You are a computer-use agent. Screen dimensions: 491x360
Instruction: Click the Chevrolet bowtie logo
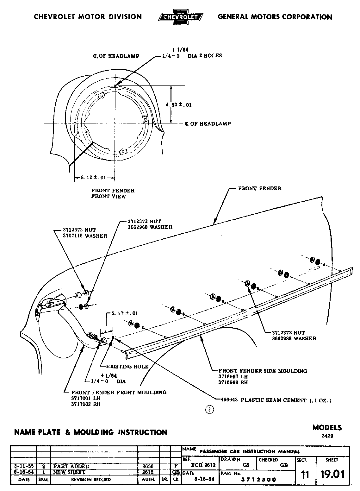click(x=181, y=17)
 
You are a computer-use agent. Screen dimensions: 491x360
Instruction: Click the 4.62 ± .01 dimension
click(x=179, y=105)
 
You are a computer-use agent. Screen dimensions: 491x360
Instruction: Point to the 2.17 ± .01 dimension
click(x=125, y=313)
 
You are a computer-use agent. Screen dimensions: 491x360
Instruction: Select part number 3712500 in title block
click(x=259, y=480)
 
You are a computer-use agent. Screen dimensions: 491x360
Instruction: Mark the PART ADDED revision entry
click(x=71, y=466)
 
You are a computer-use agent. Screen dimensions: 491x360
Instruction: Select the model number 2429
click(x=327, y=436)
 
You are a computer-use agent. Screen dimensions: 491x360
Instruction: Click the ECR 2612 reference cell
click(x=204, y=465)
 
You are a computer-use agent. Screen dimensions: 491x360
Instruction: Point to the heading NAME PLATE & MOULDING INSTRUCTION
click(x=90, y=432)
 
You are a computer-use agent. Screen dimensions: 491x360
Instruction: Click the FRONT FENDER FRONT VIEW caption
click(x=113, y=193)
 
